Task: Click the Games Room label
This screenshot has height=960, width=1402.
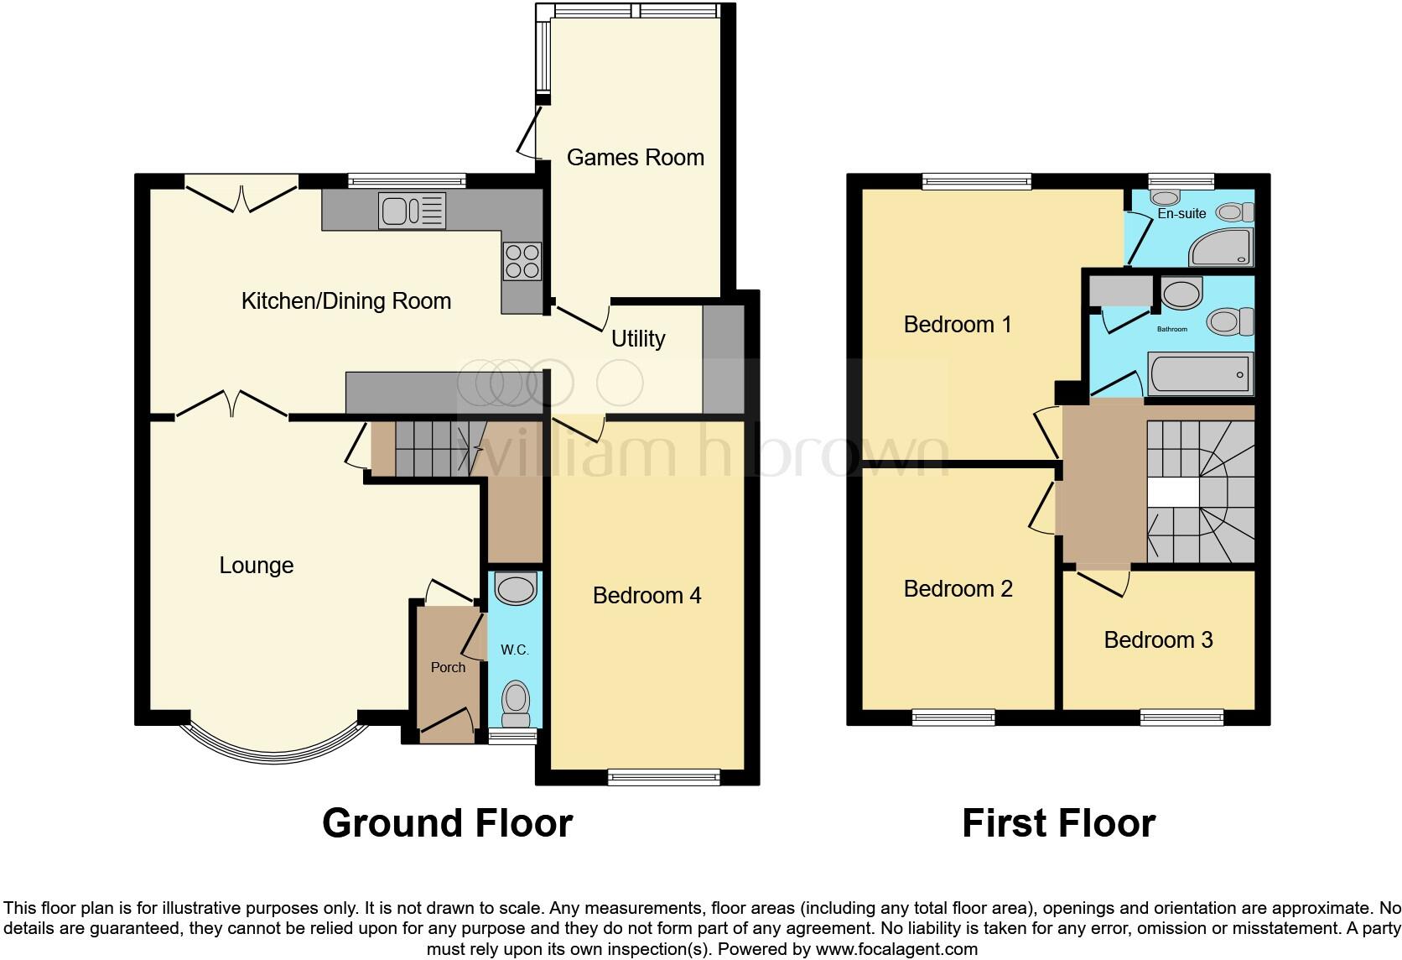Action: [635, 158]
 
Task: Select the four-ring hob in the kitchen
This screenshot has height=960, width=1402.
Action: [522, 260]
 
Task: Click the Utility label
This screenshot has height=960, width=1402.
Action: [638, 339]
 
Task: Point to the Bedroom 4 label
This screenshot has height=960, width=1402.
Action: [646, 596]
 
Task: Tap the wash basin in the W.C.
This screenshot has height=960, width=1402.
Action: [515, 588]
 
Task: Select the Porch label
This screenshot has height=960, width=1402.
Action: [448, 668]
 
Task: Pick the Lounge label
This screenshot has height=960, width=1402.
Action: [256, 566]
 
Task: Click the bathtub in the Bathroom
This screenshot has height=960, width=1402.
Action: [1200, 373]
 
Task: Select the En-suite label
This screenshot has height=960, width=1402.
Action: [1181, 214]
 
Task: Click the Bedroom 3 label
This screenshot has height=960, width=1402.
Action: [1158, 640]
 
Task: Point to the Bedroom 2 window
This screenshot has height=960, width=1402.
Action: [953, 717]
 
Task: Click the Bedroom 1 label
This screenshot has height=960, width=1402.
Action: [957, 325]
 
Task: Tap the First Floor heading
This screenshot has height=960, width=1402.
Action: [1058, 823]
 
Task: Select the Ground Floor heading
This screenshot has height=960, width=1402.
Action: [447, 823]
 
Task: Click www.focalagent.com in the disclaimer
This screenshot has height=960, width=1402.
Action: [896, 950]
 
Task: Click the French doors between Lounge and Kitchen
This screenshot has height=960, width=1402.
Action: [232, 404]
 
